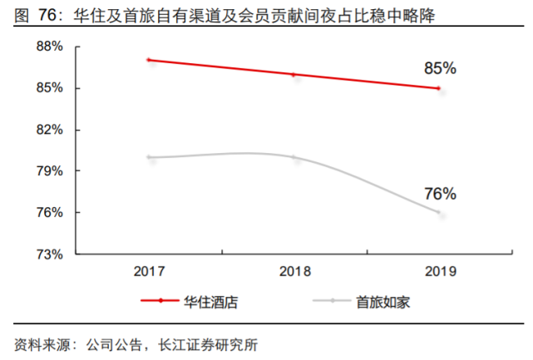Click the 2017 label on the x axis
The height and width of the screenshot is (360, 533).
point(151,272)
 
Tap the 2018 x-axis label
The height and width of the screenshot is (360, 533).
point(294,272)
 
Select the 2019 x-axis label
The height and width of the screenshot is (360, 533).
point(438,272)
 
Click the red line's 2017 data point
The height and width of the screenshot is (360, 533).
point(148,60)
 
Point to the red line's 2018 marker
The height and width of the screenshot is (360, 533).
point(293,74)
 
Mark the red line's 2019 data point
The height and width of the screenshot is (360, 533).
point(438,88)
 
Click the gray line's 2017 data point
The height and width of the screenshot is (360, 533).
point(148,157)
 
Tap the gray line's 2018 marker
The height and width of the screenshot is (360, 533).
point(293,157)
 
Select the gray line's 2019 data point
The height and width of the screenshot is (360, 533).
point(438,213)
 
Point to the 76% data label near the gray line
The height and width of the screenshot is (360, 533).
point(440,194)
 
